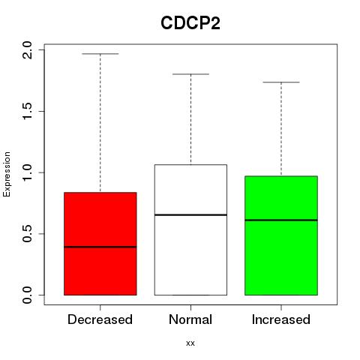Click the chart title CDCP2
pos(190,23)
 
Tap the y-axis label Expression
pos(7,174)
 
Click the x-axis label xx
pos(190,343)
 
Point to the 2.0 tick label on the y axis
pos(27,50)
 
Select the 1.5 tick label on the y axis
pos(27,111)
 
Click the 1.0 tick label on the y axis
pos(27,172)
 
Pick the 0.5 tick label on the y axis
pos(27,234)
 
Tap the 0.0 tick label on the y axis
pos(27,295)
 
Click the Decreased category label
pos(100,319)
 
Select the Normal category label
pos(190,319)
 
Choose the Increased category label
pos(281,319)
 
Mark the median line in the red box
pos(100,247)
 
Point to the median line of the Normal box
pos(190,215)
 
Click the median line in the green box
pos(281,220)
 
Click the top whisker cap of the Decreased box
pos(100,54)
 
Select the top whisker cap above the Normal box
pos(190,74)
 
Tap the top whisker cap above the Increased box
pos(281,82)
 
